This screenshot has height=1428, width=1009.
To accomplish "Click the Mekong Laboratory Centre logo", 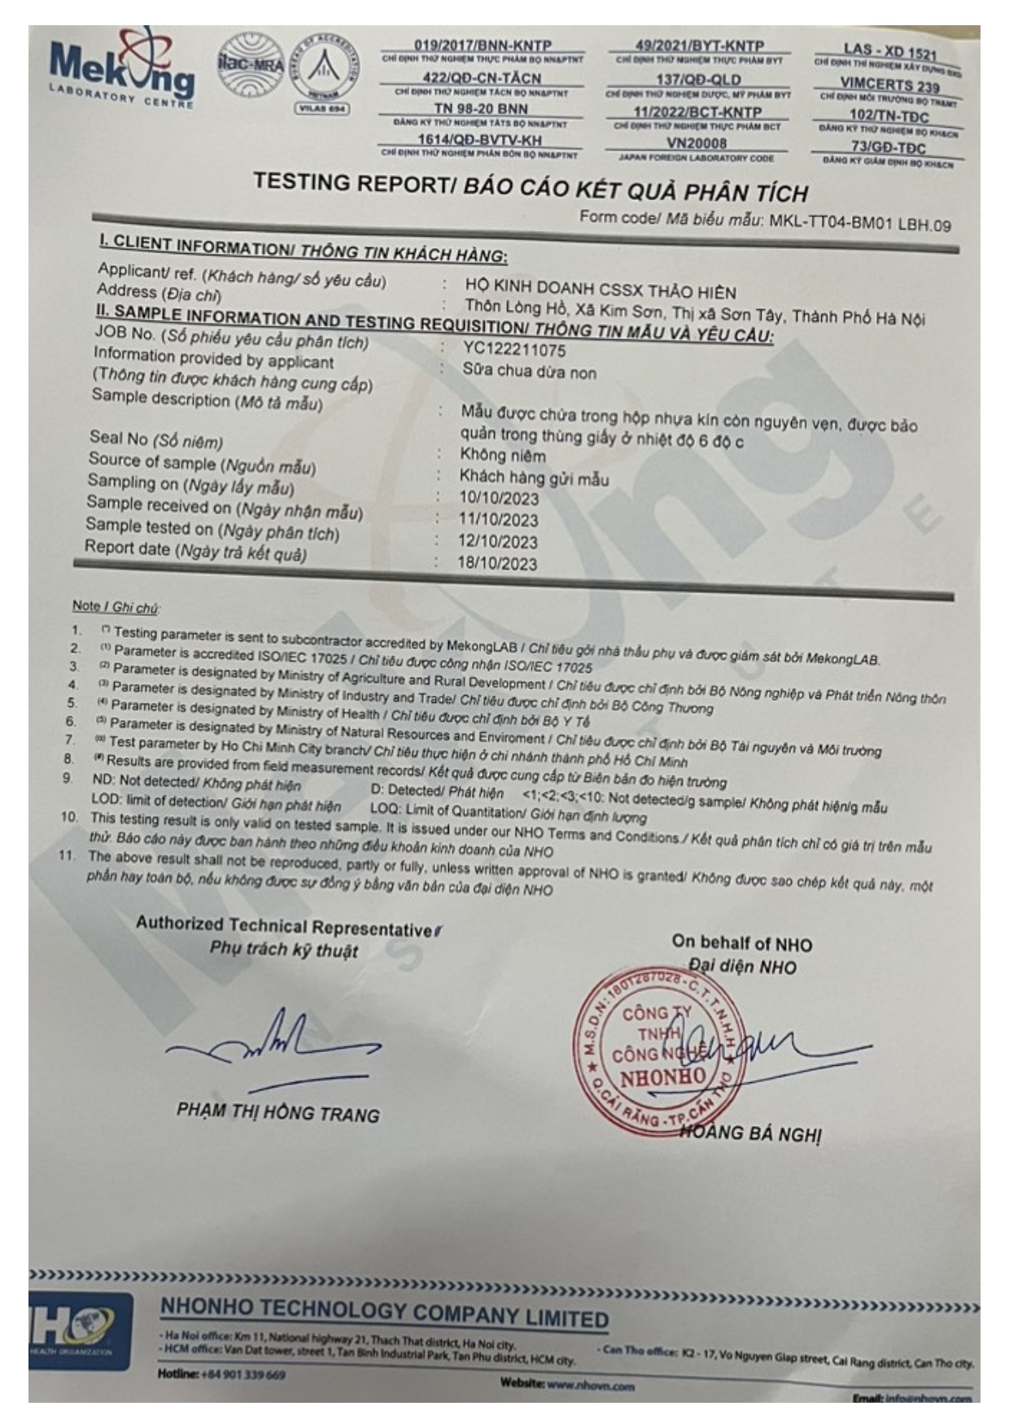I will coord(122,69).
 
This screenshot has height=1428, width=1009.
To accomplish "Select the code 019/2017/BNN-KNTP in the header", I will coord(483,46).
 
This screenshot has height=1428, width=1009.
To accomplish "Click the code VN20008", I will coord(697,143).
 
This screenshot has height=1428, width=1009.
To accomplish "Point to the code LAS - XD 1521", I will coord(889,52).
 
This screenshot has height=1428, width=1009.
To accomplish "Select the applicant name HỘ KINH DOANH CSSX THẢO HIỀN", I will coord(601,290).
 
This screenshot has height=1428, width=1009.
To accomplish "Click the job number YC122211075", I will coord(514,350).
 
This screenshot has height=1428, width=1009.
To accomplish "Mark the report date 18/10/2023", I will coord(496,563).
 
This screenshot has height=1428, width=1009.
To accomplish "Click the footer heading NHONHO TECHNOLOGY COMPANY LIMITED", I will coord(384,1312).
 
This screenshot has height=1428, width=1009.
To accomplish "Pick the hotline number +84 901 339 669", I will coord(242,1374).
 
